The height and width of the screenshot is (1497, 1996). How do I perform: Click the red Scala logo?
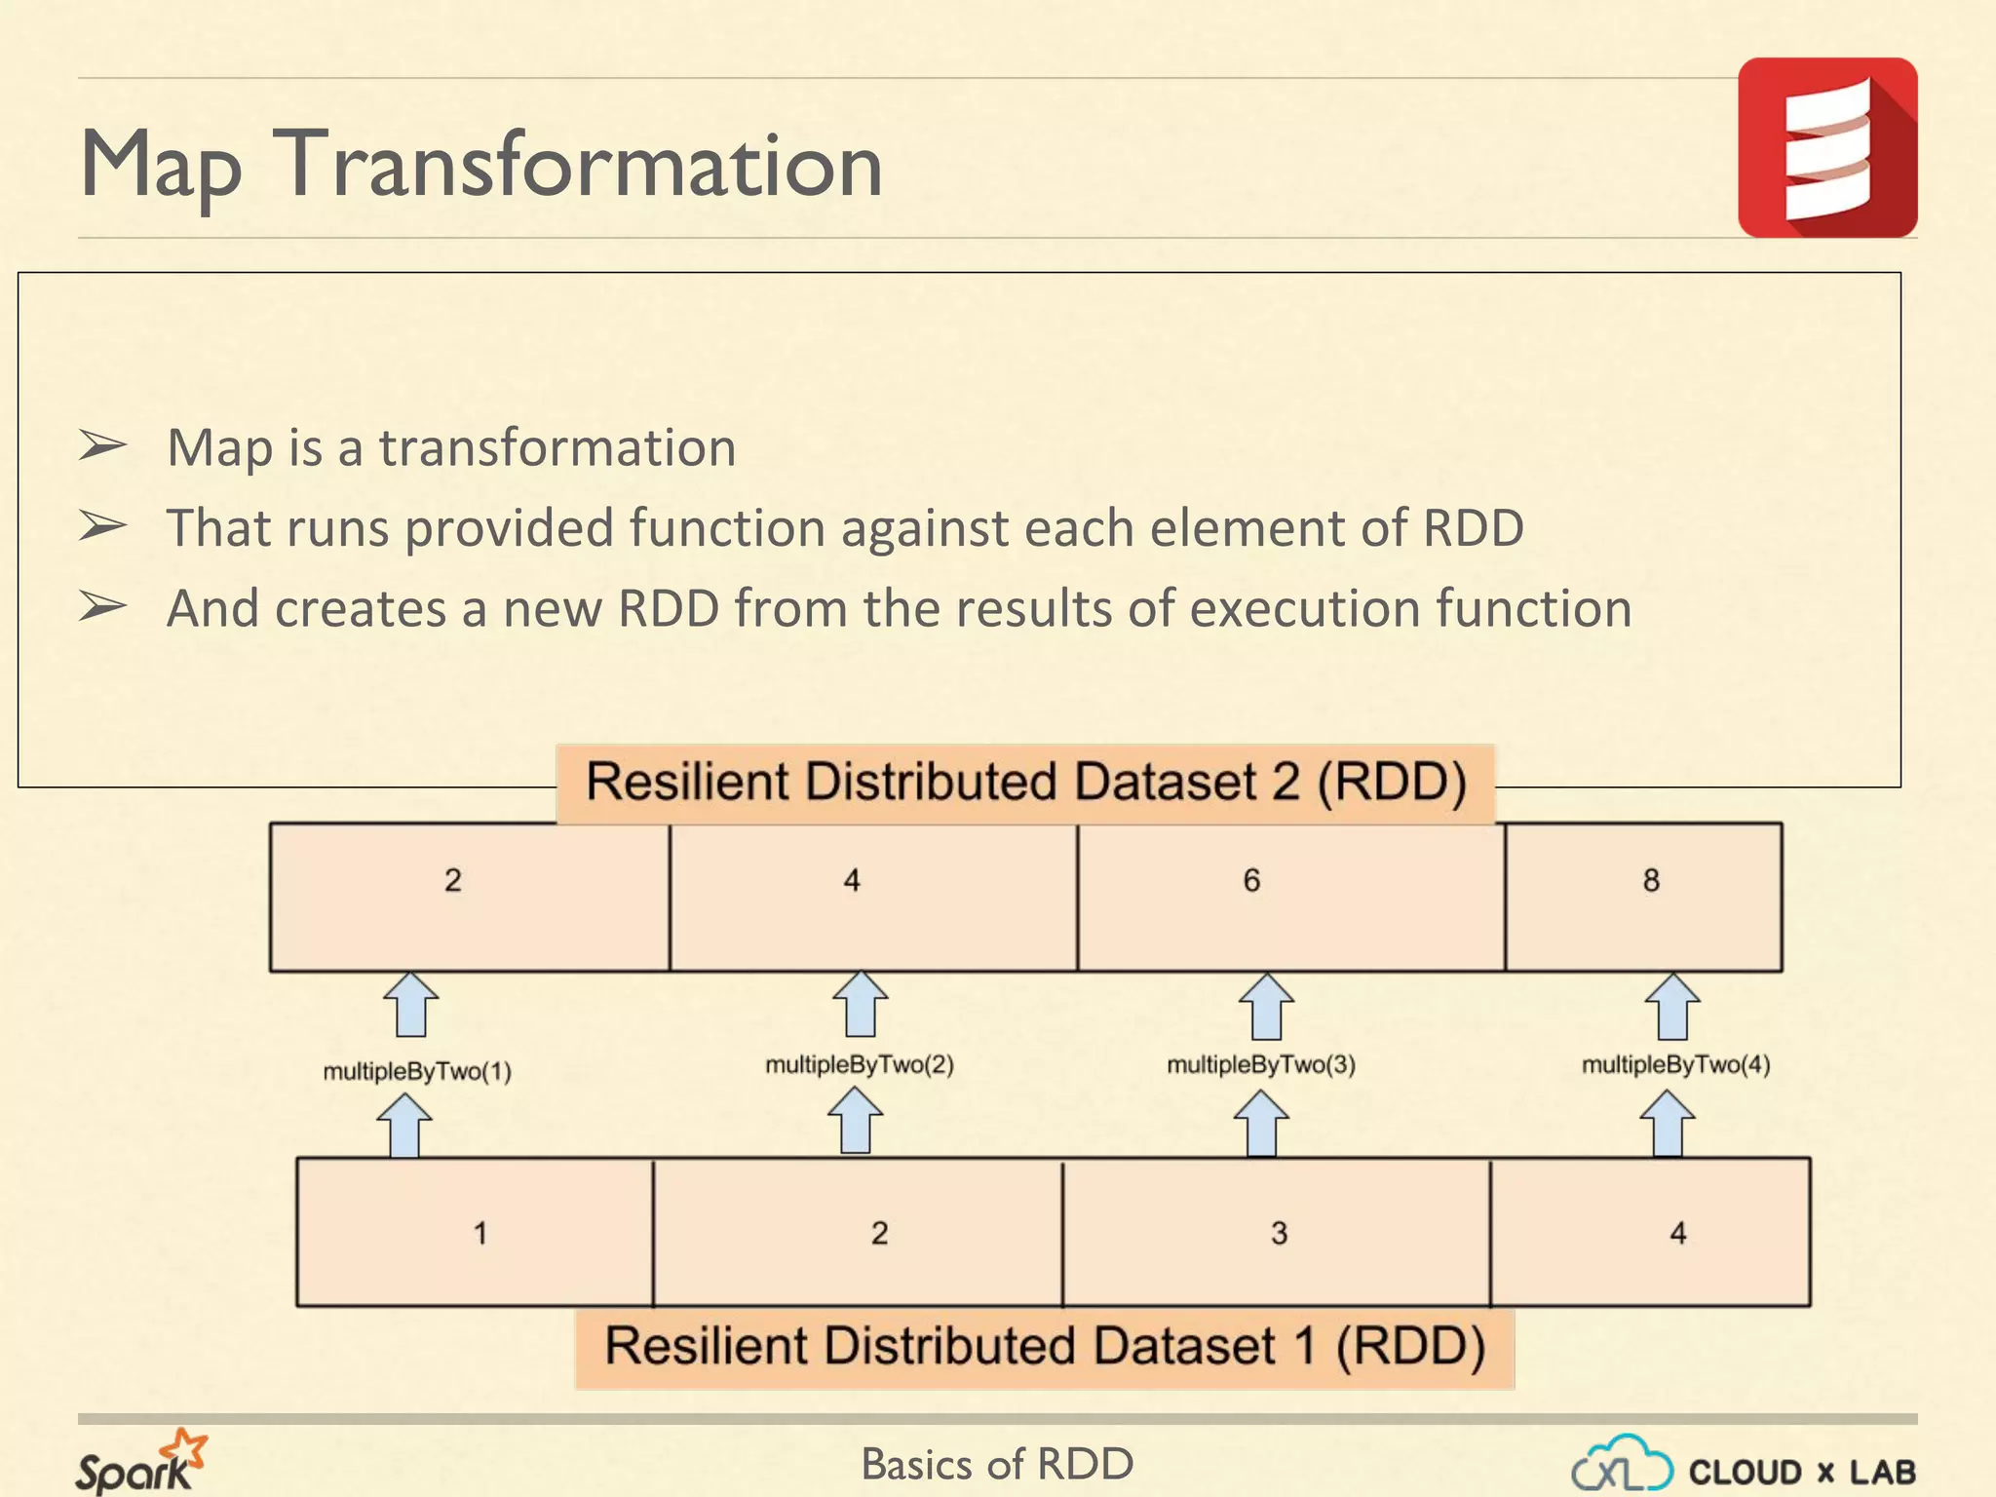coord(1827,147)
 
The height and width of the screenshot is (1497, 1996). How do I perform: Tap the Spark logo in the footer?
coord(140,1462)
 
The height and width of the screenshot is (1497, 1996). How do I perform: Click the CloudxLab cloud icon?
coord(1622,1465)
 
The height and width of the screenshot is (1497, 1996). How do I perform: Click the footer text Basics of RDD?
coord(997,1464)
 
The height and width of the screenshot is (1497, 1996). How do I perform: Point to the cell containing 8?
coord(1644,897)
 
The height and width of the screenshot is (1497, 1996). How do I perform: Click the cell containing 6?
coord(1290,897)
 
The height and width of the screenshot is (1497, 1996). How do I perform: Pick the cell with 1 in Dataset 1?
coord(475,1232)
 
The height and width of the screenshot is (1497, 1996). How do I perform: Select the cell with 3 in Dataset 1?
coord(1276,1232)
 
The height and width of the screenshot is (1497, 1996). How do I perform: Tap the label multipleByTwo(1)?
coord(417,1072)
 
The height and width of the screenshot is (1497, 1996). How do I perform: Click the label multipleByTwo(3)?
coord(1261,1064)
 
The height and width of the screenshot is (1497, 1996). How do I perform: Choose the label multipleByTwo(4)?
coord(1675,1064)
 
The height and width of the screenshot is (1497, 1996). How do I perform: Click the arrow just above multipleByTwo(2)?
coord(860,1004)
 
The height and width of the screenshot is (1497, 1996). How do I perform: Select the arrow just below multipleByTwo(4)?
coord(1667,1123)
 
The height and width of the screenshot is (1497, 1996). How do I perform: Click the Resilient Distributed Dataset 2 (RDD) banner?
coord(1025,784)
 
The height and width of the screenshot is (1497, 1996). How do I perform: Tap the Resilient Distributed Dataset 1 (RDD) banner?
coord(1045,1348)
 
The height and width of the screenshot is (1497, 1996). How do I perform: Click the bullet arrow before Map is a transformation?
coord(102,446)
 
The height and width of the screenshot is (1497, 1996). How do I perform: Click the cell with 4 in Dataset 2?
coord(873,897)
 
